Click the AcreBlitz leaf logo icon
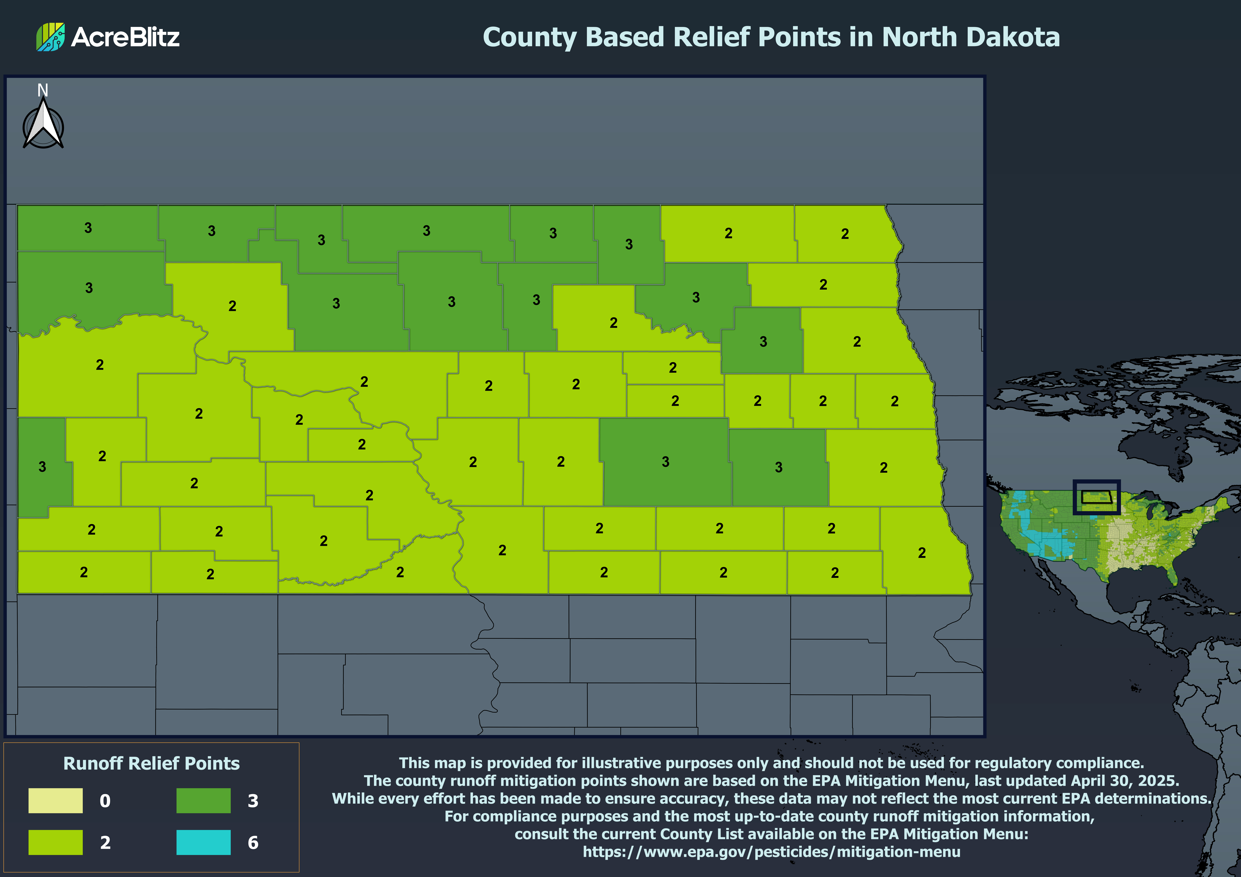pyautogui.click(x=50, y=37)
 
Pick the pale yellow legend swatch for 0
pyautogui.click(x=56, y=800)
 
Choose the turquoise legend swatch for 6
pyautogui.click(x=203, y=842)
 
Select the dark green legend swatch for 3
pyautogui.click(x=203, y=800)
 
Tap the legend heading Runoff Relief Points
pyautogui.click(x=151, y=763)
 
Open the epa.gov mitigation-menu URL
pyautogui.click(x=771, y=852)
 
